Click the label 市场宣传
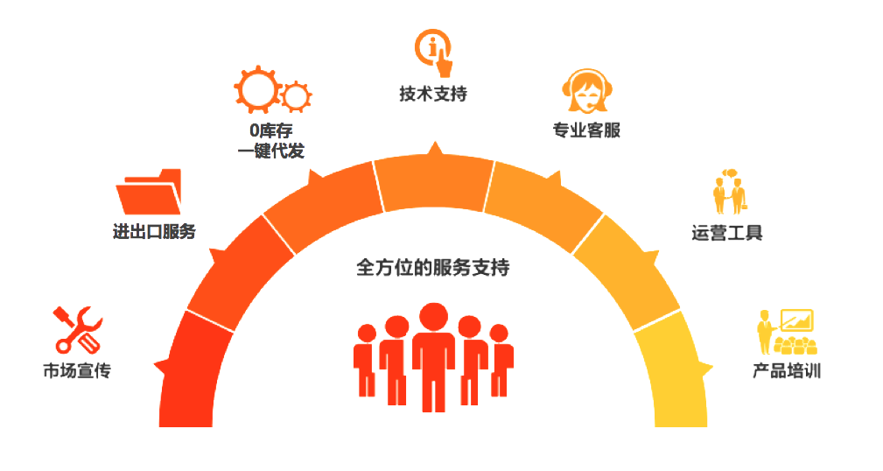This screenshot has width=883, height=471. [x=77, y=370]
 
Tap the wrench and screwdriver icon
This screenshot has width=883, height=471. [x=78, y=328]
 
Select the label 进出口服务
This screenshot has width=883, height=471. [x=154, y=232]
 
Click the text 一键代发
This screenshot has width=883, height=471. [x=270, y=151]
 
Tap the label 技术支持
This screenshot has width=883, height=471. [x=433, y=94]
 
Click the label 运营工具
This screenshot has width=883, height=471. [x=726, y=233]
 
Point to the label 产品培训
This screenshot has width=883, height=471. [x=787, y=370]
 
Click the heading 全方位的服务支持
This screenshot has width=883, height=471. [x=432, y=267]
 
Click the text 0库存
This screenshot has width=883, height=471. [x=270, y=131]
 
